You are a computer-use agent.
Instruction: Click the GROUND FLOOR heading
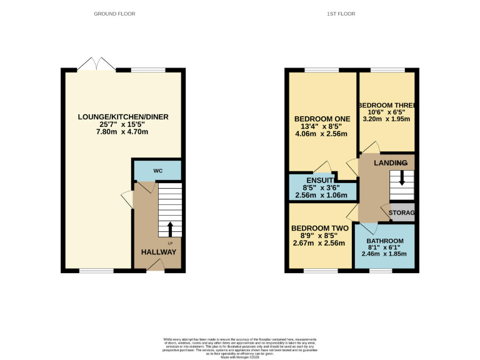[x=114, y=14]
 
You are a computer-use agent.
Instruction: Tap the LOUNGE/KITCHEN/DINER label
[x=123, y=117]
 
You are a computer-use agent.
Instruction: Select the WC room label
[x=157, y=169]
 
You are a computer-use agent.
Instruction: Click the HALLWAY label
[x=158, y=252]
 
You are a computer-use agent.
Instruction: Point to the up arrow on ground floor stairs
[x=170, y=228]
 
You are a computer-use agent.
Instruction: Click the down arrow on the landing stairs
[x=401, y=177]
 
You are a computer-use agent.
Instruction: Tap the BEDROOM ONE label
[x=322, y=119]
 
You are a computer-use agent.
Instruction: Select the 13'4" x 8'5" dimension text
[x=322, y=128]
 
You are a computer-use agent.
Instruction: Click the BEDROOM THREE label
[x=387, y=105]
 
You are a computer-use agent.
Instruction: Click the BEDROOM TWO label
[x=319, y=228]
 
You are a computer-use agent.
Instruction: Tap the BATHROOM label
[x=384, y=241]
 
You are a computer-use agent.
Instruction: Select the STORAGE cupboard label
[x=402, y=213]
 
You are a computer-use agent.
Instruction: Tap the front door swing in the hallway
[x=155, y=267]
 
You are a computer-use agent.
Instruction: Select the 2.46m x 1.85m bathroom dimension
[x=384, y=254]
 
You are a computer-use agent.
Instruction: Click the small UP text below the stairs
[x=169, y=242]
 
